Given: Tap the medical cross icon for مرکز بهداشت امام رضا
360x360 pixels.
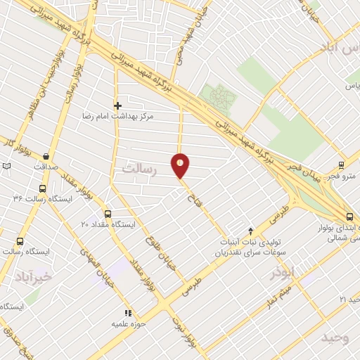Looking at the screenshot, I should (x=117, y=105).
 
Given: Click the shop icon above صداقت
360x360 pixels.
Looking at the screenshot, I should (x=46, y=157).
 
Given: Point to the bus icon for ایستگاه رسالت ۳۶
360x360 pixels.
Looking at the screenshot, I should (x=42, y=188).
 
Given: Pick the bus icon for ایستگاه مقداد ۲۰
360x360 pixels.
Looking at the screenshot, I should (x=108, y=214).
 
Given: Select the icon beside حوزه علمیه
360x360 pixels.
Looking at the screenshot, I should (x=127, y=313).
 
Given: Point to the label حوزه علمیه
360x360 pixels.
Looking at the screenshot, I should (x=127, y=324).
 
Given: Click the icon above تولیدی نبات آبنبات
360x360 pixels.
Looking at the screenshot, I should (x=251, y=231).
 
